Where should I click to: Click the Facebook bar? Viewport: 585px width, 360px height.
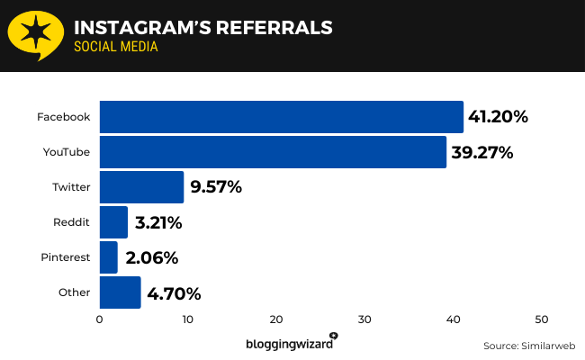281,117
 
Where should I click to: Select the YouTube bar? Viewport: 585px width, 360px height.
273,152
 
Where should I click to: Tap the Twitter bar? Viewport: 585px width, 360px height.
141,187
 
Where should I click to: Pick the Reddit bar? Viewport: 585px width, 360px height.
113,222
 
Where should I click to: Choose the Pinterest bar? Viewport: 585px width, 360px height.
108,257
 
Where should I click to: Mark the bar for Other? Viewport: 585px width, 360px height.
120,292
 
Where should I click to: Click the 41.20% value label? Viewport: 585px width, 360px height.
498,117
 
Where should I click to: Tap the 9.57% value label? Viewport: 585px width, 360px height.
216,187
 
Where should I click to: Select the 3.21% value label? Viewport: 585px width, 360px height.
159,222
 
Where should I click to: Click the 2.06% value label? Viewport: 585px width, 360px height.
152,257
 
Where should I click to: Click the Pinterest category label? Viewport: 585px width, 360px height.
65,257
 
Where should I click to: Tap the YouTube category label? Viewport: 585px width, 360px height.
67,152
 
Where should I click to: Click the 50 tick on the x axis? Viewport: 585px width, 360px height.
542,319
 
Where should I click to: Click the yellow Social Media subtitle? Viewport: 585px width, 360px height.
116,46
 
